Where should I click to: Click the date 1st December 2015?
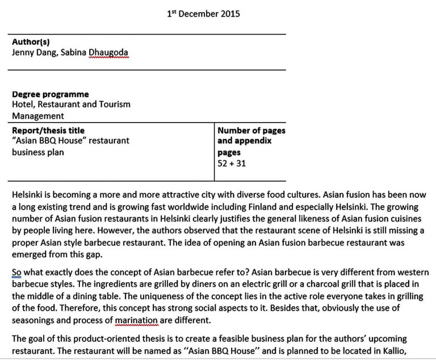click(203, 14)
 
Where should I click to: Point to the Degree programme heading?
click(51, 94)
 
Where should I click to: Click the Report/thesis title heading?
click(48, 131)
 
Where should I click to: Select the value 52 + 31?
click(232, 163)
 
